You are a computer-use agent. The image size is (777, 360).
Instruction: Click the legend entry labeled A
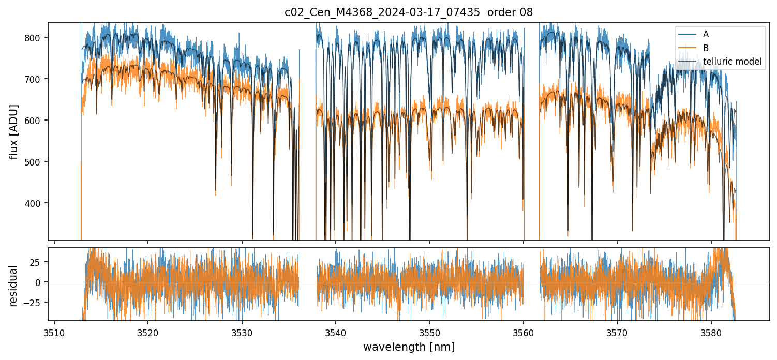706,35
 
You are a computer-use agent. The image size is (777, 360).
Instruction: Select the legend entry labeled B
706,48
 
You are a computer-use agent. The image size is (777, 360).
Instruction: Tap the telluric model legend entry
731,62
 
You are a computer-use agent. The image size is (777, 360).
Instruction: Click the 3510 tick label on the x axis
54,332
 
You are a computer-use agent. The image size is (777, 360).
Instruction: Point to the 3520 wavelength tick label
148,332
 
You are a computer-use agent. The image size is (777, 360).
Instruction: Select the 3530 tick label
242,332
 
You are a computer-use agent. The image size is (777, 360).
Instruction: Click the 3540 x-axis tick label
336,332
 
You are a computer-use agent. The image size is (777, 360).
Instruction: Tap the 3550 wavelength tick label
429,332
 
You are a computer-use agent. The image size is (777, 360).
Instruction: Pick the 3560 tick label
524,332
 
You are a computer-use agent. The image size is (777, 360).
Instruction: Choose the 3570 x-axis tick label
617,332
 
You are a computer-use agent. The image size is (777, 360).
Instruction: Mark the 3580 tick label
711,332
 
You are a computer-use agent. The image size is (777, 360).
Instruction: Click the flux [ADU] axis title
14,131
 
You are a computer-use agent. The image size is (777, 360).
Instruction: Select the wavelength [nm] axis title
409,347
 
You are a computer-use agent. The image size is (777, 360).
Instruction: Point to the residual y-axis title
14,286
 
